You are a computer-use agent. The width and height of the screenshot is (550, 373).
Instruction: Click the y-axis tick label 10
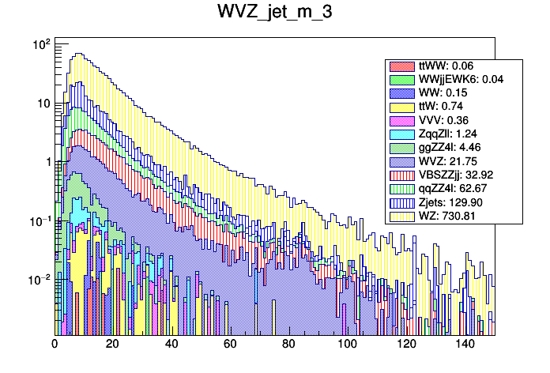[x=43, y=104]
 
